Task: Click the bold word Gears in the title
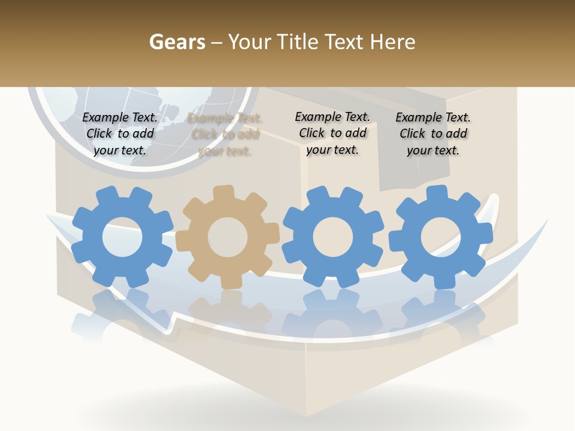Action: (x=177, y=42)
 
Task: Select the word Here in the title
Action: (x=393, y=42)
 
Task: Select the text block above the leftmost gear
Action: (x=120, y=134)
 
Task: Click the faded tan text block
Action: (x=225, y=135)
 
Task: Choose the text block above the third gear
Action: (x=332, y=133)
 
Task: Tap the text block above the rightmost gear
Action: (x=433, y=134)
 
